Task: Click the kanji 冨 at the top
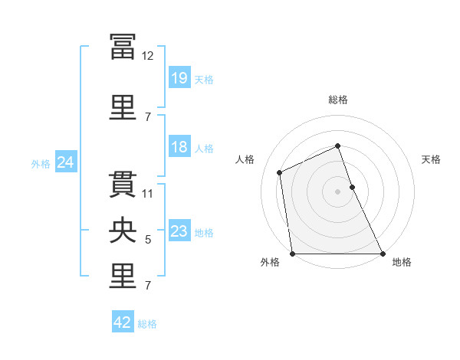pyautogui.click(x=123, y=47)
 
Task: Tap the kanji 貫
pyautogui.click(x=123, y=185)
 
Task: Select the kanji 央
pyautogui.click(x=123, y=230)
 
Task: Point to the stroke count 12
pyautogui.click(x=147, y=56)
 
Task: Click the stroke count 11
pyautogui.click(x=147, y=194)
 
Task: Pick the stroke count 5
pyautogui.click(x=148, y=240)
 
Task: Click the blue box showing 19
pyautogui.click(x=179, y=77)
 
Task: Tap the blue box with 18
pyautogui.click(x=179, y=146)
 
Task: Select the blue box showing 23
pyautogui.click(x=179, y=230)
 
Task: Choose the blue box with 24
pyautogui.click(x=66, y=162)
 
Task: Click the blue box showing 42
pyautogui.click(x=123, y=321)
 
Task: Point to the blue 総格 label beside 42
pyautogui.click(x=147, y=324)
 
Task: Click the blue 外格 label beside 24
pyautogui.click(x=41, y=164)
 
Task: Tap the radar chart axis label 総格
pyautogui.click(x=338, y=100)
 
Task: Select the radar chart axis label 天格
pyautogui.click(x=431, y=159)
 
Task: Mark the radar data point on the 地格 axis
pyautogui.click(x=383, y=254)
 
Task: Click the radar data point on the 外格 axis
pyautogui.click(x=293, y=254)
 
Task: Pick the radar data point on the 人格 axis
pyautogui.click(x=280, y=172)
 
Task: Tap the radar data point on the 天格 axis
pyautogui.click(x=353, y=187)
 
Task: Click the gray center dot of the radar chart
pyautogui.click(x=337, y=191)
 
